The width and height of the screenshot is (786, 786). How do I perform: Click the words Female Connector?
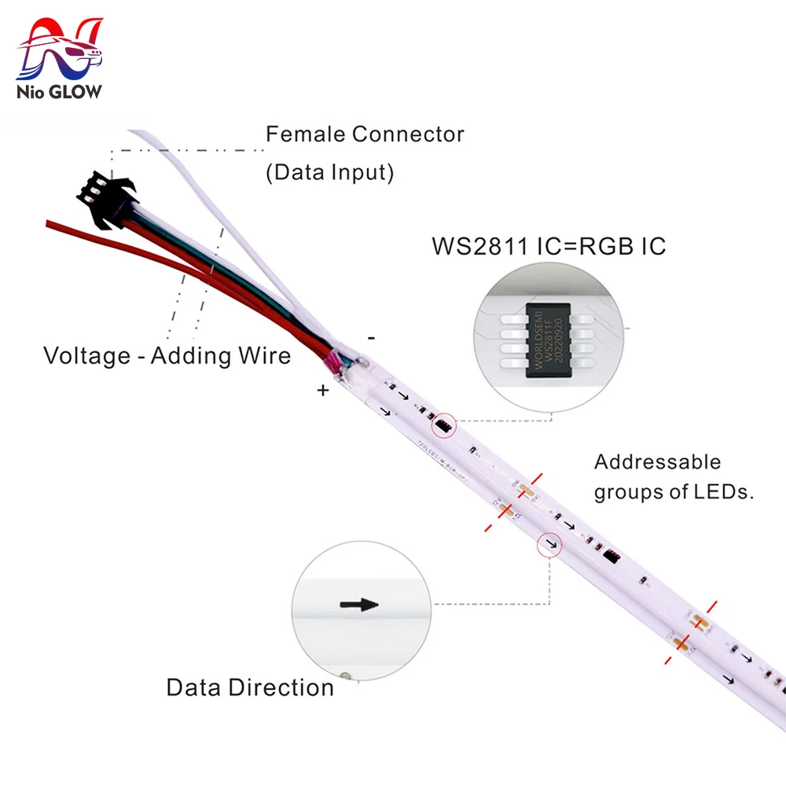pos(365,134)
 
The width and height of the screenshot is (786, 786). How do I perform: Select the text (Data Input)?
pos(329,173)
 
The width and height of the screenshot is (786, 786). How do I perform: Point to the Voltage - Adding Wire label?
pos(167,356)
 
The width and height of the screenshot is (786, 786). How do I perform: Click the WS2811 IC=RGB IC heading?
pos(548,246)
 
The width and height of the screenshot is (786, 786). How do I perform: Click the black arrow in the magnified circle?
pos(359,605)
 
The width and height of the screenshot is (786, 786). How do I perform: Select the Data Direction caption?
pos(250,688)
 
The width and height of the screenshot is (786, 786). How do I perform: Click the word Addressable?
pos(657,462)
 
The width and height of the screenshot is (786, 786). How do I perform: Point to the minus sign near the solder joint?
pos(371,337)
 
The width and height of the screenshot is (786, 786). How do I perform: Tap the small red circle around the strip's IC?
pos(443,425)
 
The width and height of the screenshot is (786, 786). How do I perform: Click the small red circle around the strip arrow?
pos(549,544)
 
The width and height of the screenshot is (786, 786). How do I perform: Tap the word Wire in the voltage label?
pos(263,356)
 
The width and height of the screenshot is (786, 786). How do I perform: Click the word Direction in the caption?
pos(281,688)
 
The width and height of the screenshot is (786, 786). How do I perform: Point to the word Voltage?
pos(87,356)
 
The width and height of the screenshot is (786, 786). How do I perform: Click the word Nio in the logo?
pos(31,92)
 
